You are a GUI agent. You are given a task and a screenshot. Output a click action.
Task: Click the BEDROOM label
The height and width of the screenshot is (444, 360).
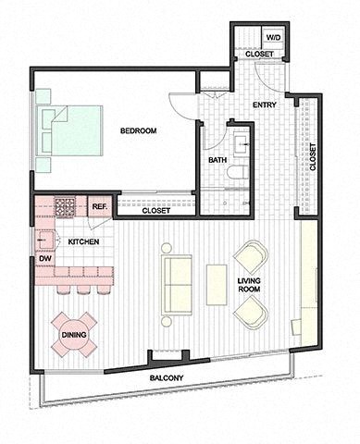139,131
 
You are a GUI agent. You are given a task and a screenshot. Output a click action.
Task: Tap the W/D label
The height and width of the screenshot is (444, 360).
273,38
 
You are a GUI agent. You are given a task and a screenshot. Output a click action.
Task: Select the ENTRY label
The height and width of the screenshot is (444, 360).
264,105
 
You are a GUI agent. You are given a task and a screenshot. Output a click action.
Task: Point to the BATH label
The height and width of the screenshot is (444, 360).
217,160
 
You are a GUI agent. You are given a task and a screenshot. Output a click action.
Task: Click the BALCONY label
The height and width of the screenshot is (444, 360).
168,379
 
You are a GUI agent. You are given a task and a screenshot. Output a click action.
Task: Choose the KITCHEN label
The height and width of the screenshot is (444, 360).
83,241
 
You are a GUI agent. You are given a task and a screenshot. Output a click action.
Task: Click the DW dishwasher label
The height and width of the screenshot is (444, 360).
43,259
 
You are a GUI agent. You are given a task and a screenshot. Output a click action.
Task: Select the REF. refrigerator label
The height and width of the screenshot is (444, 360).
99,205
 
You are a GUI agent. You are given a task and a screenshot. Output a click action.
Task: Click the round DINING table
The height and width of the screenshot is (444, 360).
73,335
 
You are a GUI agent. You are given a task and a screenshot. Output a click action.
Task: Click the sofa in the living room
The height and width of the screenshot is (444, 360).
176,284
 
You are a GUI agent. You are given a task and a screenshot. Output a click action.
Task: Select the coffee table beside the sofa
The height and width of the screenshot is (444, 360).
217,284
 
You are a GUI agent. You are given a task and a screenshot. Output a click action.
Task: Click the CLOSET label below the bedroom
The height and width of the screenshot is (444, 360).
155,211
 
